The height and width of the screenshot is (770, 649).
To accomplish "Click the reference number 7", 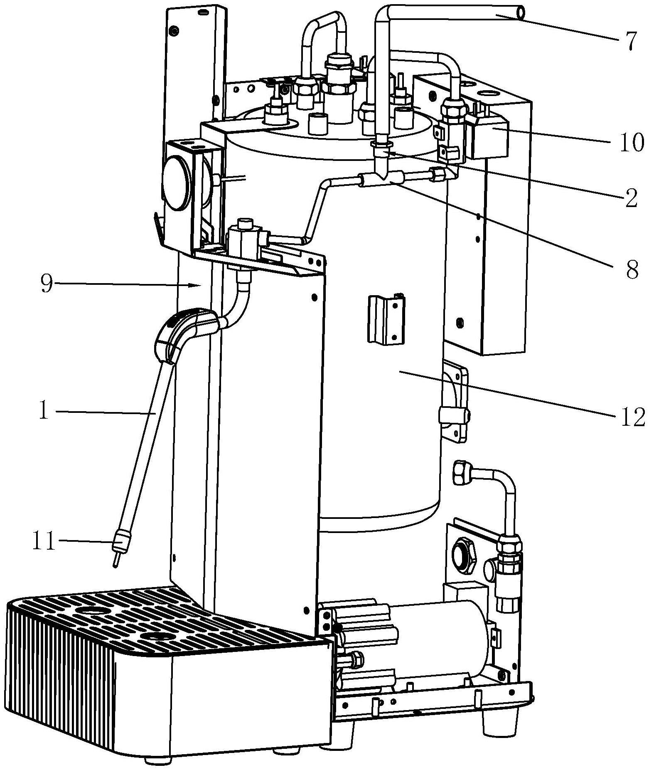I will pyautogui.click(x=628, y=42).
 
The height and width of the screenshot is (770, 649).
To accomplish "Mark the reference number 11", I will pyautogui.click(x=44, y=542).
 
